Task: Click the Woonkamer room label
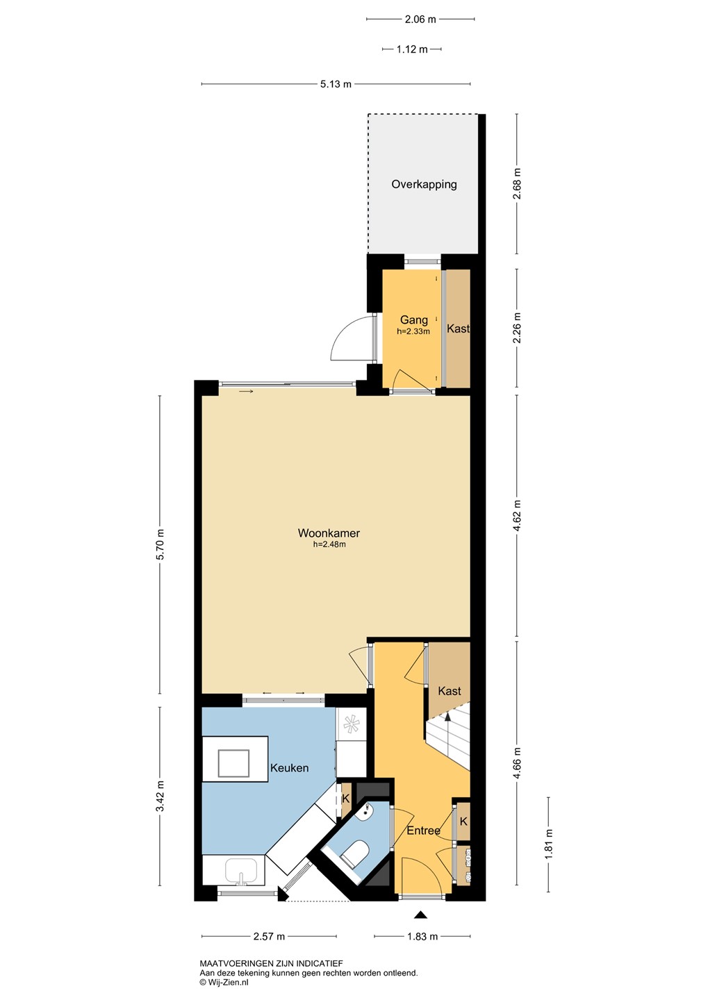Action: coord(329,533)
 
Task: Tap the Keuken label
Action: coord(289,768)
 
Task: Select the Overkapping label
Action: coord(424,184)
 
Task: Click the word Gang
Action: coord(413,319)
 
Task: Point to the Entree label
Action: coord(423,831)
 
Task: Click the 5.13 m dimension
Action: coord(336,84)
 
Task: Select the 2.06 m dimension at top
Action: coord(420,19)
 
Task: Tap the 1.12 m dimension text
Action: coord(412,49)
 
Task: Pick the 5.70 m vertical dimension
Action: coord(160,544)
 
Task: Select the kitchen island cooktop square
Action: coord(233,763)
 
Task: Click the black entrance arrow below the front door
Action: coord(420,915)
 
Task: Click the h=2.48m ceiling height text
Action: coord(329,544)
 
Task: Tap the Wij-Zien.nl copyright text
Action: coord(224,982)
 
